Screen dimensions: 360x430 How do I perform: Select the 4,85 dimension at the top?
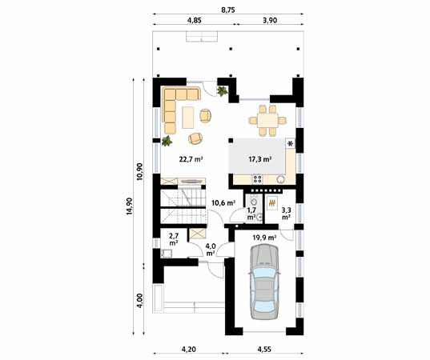click(x=194, y=21)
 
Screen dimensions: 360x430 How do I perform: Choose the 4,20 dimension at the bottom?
click(x=189, y=350)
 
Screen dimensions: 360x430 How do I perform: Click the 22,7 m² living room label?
click(x=191, y=159)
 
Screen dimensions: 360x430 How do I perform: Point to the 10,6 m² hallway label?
click(x=223, y=203)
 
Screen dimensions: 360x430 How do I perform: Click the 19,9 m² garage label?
click(x=264, y=237)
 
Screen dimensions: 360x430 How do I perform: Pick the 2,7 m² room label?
click(x=174, y=238)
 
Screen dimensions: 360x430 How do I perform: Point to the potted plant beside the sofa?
click(x=167, y=142)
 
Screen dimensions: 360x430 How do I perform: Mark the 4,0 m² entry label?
click(x=210, y=250)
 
